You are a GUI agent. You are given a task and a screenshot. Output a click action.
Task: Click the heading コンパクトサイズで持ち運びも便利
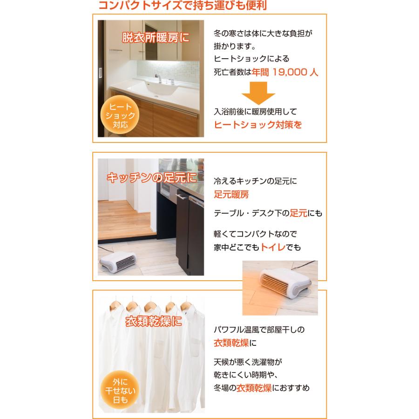coord(182,6)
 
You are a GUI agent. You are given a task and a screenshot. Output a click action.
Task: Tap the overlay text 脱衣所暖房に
coord(155,38)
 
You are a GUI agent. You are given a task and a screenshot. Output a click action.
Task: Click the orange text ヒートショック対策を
coord(258,125)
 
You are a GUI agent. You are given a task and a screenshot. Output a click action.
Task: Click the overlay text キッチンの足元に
coord(152,177)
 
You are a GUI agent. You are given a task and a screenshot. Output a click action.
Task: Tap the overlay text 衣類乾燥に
coord(153,322)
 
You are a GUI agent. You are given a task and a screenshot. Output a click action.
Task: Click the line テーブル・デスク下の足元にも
coord(268,214)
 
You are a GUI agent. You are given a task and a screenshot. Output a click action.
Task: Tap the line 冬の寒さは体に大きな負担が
coord(263,34)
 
